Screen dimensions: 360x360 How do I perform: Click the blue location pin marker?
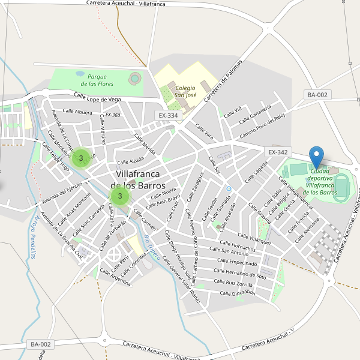tap(316, 157)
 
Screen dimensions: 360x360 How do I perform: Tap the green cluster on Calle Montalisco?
tap(81, 158)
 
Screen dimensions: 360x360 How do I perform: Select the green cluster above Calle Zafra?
tap(120, 196)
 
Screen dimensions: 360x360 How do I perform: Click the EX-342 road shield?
tap(279, 152)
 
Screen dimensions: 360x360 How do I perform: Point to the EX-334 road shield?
tap(169, 115)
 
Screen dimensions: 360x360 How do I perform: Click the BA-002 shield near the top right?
tap(317, 95)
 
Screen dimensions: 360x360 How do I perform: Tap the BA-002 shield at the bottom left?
tap(41, 344)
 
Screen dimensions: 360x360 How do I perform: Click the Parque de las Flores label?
tap(97, 80)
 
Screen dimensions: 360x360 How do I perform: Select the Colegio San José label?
tap(185, 91)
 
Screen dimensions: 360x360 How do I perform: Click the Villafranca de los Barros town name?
tap(138, 179)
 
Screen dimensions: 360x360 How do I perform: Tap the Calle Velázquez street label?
tap(254, 239)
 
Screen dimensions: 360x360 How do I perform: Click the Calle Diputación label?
tap(238, 293)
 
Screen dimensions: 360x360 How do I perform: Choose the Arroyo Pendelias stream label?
tap(31, 236)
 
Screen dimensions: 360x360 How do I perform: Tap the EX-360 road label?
tap(112, 115)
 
